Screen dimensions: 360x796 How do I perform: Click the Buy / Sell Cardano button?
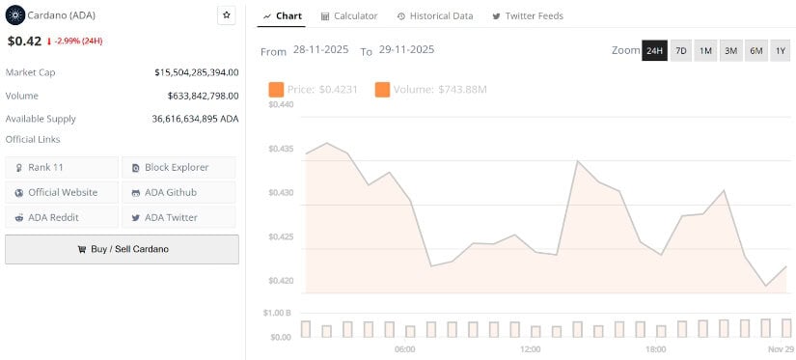tap(122, 249)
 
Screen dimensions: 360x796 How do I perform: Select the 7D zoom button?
tap(680, 50)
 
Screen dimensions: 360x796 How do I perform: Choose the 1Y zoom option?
tap(781, 50)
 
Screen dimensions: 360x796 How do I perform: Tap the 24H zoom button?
tap(654, 50)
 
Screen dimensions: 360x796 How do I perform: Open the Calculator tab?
tap(349, 16)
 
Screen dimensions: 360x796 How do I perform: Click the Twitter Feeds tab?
tap(528, 16)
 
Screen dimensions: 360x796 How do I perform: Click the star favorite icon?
tap(227, 15)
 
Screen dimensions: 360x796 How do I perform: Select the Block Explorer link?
tap(178, 168)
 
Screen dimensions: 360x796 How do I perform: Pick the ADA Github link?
tap(178, 193)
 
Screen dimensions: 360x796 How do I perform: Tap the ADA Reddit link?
tap(62, 218)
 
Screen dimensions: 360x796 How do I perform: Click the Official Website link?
tap(62, 193)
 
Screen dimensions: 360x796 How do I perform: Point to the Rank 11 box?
tap(62, 168)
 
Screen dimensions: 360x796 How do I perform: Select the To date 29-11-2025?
tap(407, 50)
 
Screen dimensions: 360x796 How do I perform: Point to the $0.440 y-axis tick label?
tap(281, 104)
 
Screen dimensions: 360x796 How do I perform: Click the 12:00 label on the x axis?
tap(530, 349)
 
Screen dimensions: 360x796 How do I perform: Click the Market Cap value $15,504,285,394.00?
tap(196, 72)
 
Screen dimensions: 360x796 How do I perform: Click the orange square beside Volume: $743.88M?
tap(382, 90)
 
